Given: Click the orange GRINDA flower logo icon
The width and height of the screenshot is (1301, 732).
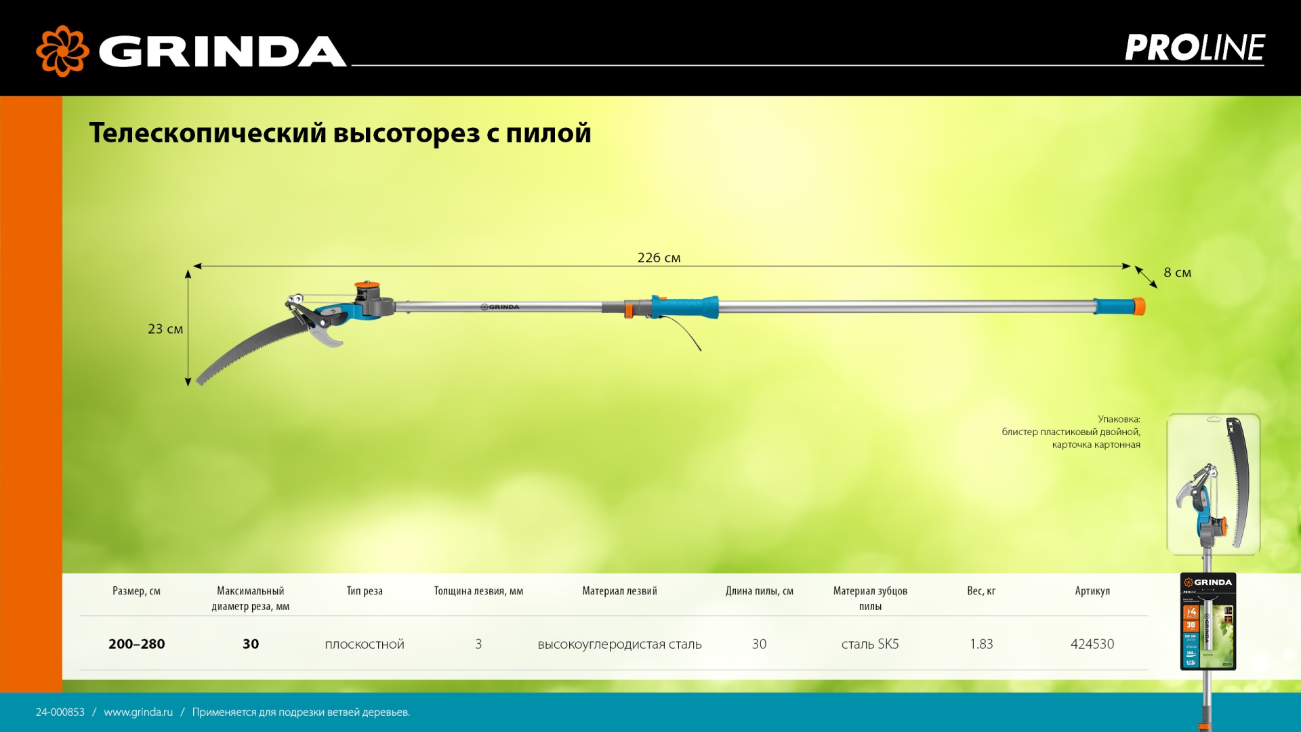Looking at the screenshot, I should click(62, 51).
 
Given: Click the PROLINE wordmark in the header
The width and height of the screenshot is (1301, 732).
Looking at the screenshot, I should click(1194, 48).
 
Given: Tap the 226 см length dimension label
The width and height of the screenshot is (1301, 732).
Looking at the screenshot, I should click(659, 258).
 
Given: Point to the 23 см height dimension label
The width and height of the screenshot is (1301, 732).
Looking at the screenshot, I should click(165, 329).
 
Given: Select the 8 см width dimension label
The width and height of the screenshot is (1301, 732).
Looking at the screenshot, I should click(1177, 272).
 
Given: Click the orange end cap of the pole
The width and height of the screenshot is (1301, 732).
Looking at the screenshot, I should click(1140, 306).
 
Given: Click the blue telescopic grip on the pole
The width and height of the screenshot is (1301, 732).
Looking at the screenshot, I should click(684, 306).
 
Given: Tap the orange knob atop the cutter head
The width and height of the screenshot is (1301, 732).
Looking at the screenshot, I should click(367, 285).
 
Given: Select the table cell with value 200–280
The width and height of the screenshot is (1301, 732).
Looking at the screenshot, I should click(136, 644).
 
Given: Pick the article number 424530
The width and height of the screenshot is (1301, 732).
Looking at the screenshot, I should click(1092, 644).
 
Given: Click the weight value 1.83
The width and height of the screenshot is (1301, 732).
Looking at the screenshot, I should click(980, 644).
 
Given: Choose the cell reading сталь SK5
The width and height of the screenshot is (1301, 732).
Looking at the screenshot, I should click(869, 644).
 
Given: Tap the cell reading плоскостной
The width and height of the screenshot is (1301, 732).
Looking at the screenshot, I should click(364, 644).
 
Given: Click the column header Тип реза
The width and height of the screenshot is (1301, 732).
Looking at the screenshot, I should click(364, 591).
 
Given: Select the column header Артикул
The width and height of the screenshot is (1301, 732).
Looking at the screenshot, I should click(1092, 591).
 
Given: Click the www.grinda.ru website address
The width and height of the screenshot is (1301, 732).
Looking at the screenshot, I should click(138, 712).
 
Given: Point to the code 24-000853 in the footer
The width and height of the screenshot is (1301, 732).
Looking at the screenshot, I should click(60, 712).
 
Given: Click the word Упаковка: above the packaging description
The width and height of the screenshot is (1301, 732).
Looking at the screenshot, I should click(1119, 419).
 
